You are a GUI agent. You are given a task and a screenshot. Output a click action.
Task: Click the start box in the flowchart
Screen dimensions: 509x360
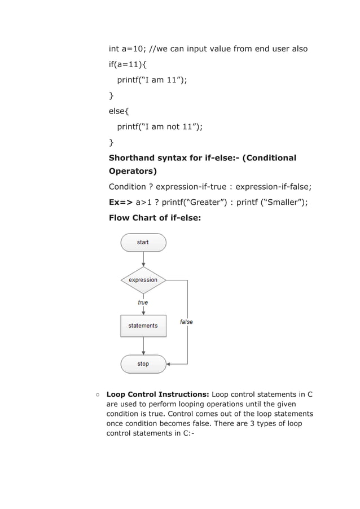[143, 242]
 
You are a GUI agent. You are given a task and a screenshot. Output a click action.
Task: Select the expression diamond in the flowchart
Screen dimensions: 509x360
[143, 280]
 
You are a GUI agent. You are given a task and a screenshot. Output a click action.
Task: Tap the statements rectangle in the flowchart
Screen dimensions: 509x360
[143, 326]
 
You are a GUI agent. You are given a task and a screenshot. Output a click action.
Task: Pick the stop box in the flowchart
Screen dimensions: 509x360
[143, 364]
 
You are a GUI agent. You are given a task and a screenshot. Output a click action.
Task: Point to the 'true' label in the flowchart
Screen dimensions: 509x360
[143, 302]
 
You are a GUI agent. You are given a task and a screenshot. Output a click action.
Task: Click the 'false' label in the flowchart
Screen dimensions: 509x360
[186, 322]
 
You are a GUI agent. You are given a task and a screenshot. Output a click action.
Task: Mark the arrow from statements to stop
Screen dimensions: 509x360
[143, 345]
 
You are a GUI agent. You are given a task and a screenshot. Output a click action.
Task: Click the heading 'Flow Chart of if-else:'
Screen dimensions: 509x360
[155, 217]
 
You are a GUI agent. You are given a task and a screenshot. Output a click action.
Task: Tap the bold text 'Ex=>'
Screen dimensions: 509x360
[121, 201]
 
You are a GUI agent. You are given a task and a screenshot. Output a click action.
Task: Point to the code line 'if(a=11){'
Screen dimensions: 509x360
[128, 64]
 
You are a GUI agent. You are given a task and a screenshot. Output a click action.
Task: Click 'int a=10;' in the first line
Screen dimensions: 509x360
[127, 49]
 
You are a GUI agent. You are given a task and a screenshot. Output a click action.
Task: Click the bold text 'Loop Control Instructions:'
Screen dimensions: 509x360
[158, 394]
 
